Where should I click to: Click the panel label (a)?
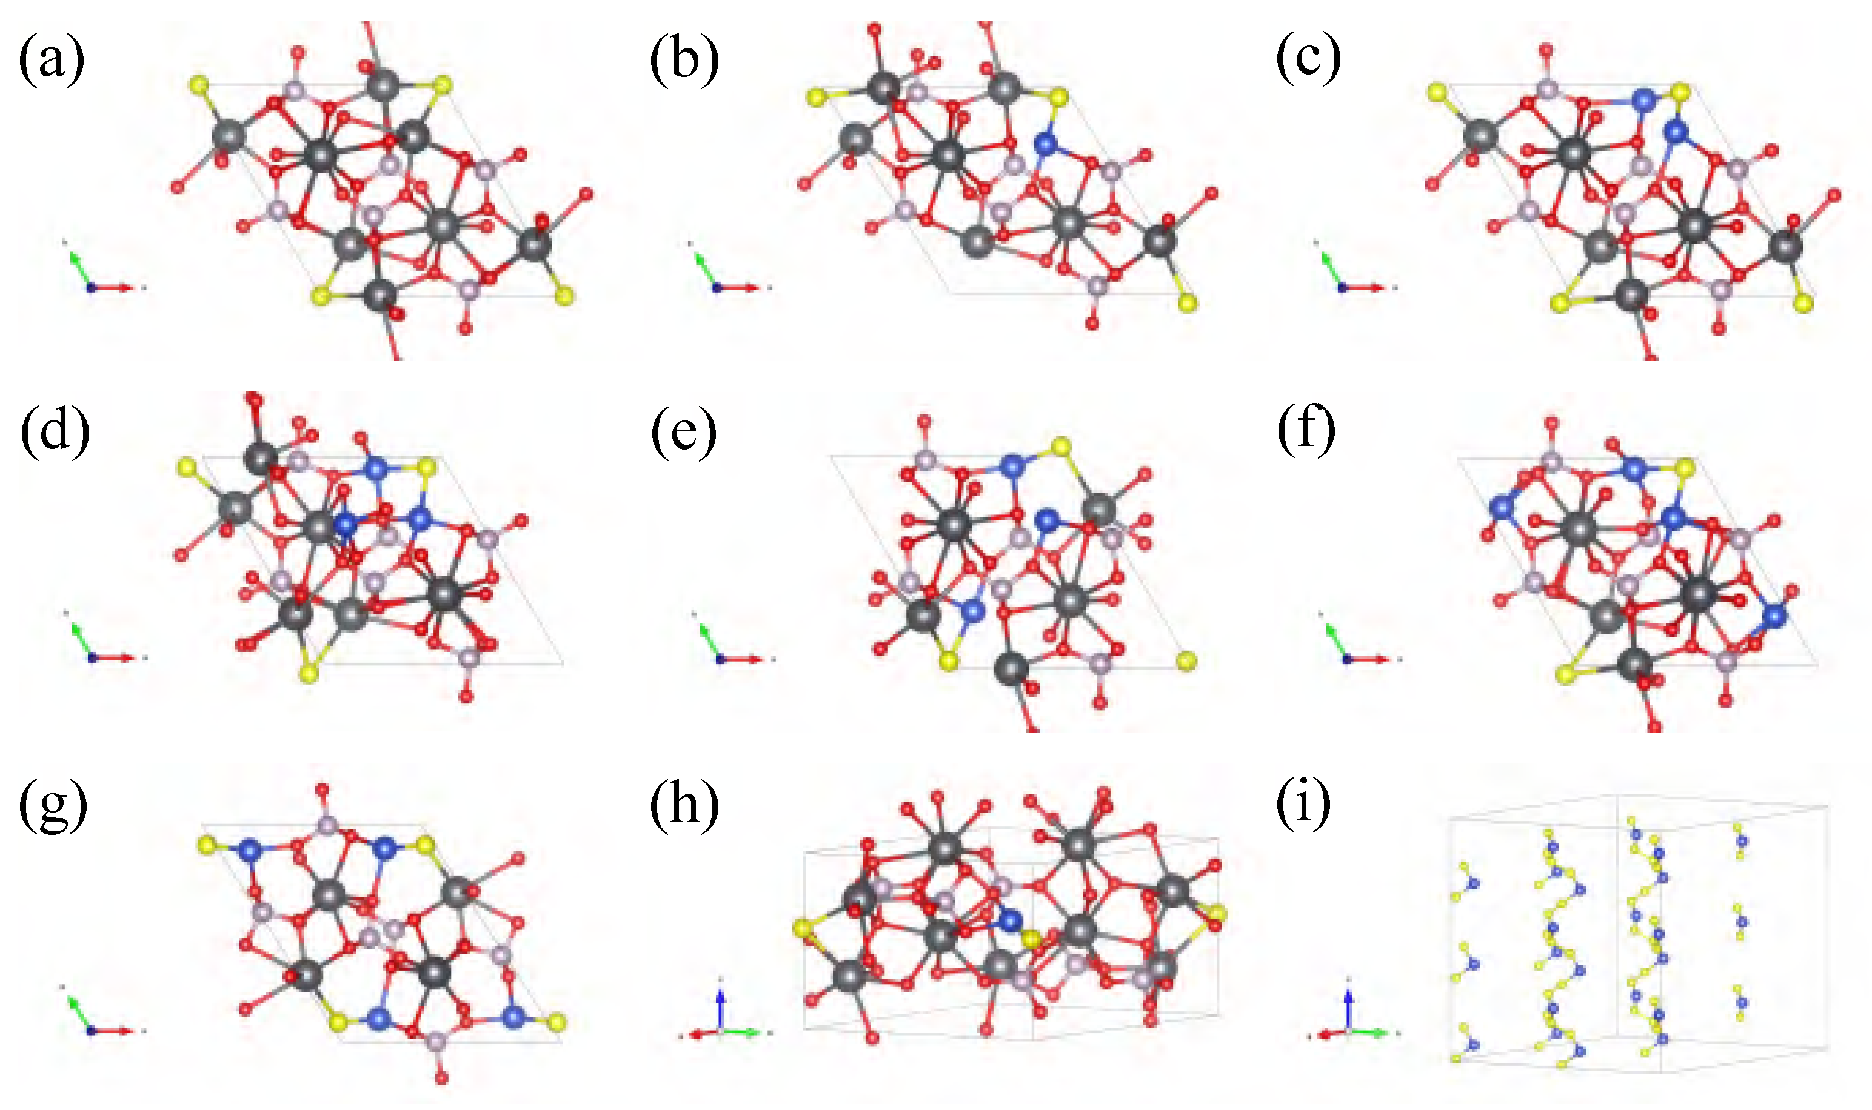tap(51, 60)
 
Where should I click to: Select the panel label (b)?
tap(684, 60)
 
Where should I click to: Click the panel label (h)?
tap(684, 806)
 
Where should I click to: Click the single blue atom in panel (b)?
tap(1045, 143)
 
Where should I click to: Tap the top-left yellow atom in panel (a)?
tap(198, 84)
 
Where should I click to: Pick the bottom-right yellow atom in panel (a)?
tap(566, 297)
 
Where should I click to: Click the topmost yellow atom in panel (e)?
tap(1060, 447)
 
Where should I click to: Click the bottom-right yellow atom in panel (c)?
tap(1804, 303)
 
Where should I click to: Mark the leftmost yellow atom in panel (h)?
tap(802, 928)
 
